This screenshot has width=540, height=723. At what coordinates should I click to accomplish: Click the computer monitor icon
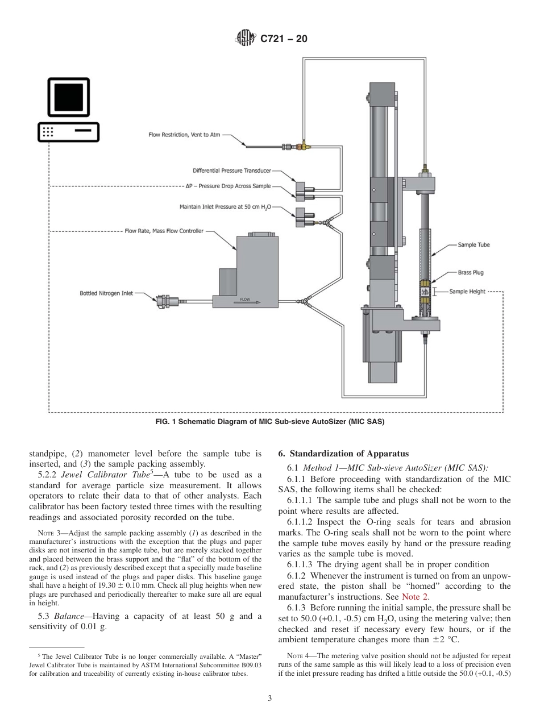point(68,97)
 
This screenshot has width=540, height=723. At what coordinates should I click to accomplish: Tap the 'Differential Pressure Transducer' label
point(231,171)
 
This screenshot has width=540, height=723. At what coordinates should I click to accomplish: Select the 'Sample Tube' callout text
point(473,245)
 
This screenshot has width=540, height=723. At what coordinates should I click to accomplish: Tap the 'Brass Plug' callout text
point(471,272)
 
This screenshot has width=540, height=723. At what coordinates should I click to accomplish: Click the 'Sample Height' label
point(467,292)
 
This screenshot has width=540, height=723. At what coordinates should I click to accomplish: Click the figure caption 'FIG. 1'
point(169,421)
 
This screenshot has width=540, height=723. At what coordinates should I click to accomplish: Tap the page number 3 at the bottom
point(270,699)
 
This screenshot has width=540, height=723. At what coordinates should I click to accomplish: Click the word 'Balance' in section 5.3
point(69,616)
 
